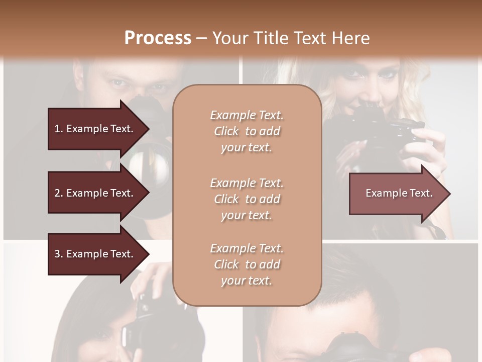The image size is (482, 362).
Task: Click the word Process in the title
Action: click(158, 38)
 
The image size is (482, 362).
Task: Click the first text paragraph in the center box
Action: click(247, 131)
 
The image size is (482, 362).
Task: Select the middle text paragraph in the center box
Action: click(247, 199)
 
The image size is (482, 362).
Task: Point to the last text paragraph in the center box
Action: click(247, 264)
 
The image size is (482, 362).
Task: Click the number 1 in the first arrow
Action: click(57, 129)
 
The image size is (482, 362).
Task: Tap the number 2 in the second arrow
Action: click(57, 193)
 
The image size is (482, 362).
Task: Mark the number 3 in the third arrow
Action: click(57, 254)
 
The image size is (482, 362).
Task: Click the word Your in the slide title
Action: click(229, 38)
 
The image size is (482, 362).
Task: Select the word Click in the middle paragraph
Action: click(226, 199)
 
